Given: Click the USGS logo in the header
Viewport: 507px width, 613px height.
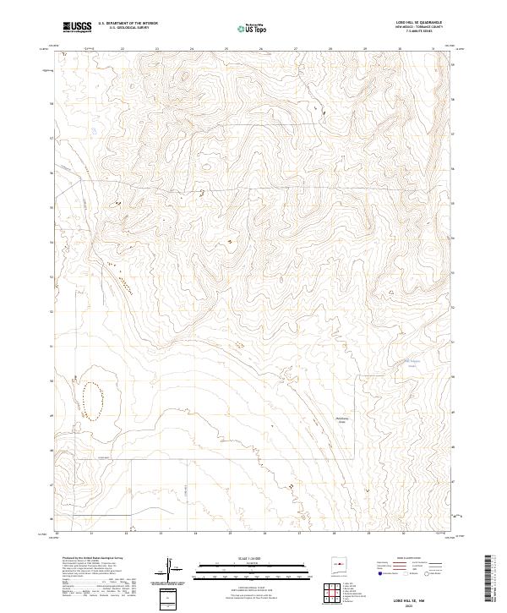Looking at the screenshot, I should click(x=77, y=27).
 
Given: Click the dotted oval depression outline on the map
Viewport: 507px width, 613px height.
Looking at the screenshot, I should click(x=93, y=398).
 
